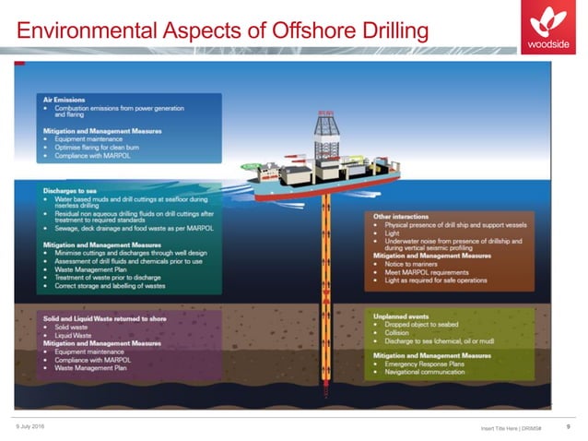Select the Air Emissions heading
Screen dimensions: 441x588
click(x=65, y=98)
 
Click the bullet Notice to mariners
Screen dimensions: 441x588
click(x=406, y=264)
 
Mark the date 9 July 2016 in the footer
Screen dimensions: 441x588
click(x=31, y=423)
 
